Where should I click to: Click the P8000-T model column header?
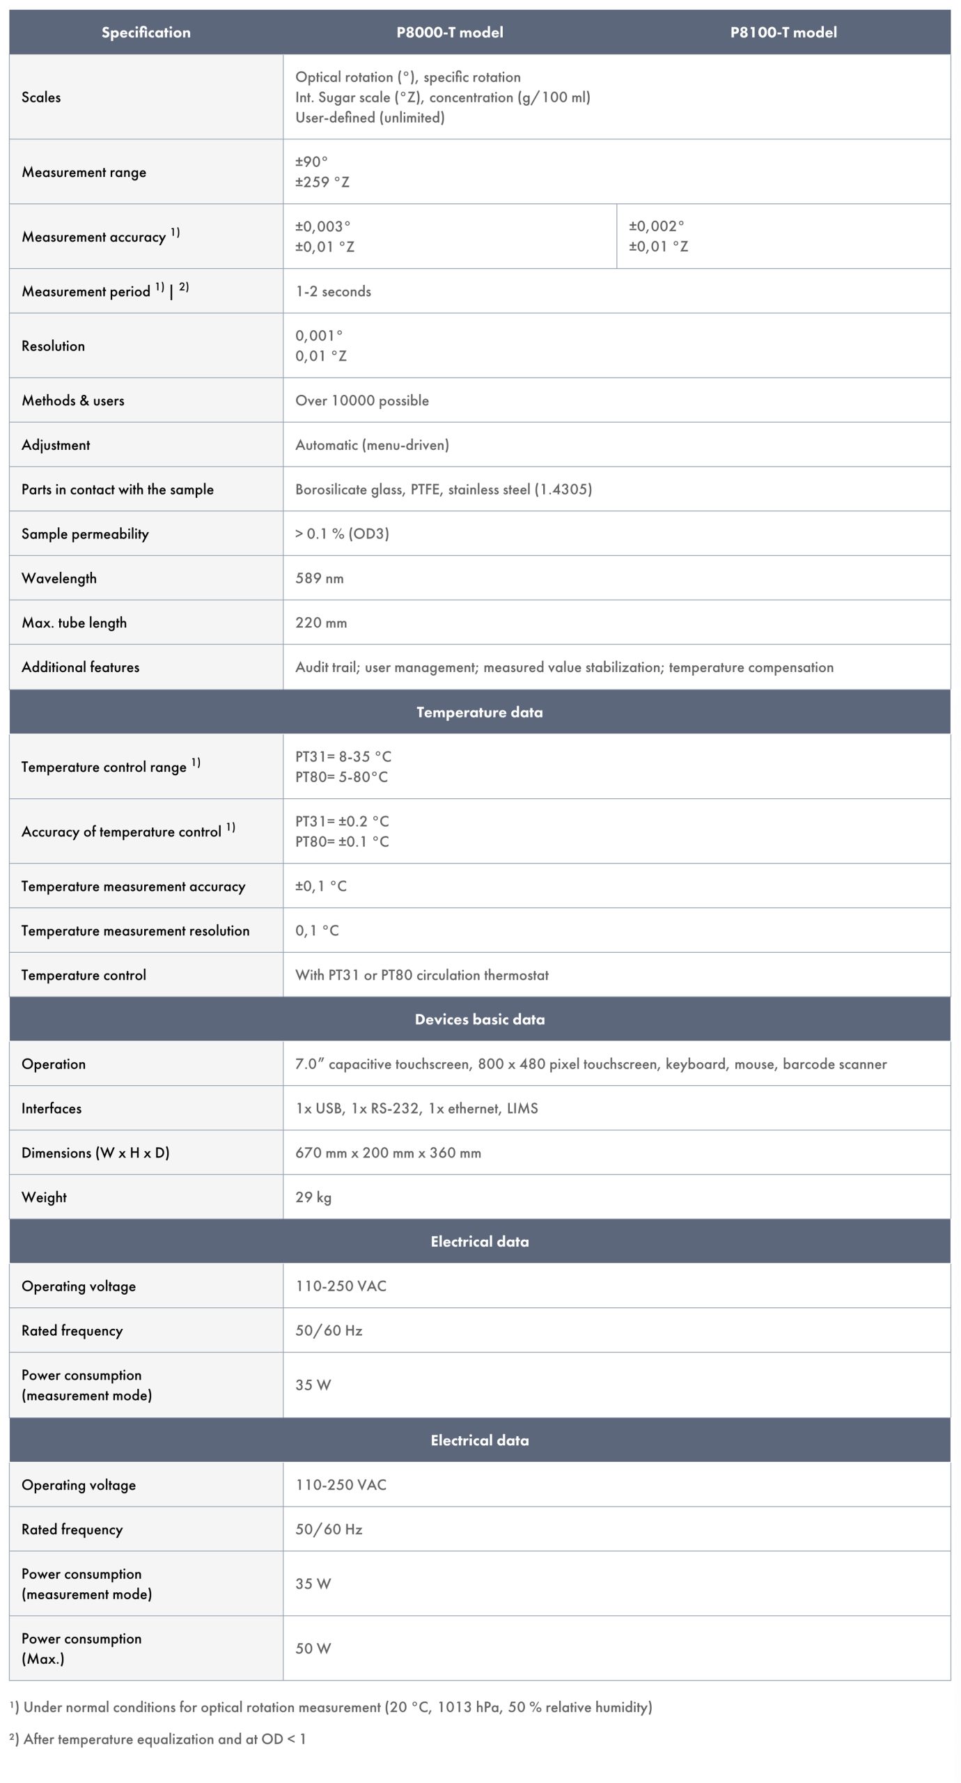pyautogui.click(x=449, y=32)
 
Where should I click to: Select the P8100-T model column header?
pyautogui.click(x=783, y=32)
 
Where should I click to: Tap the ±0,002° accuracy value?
pyautogui.click(x=656, y=226)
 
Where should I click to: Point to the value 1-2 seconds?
pyautogui.click(x=333, y=291)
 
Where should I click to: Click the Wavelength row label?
pyautogui.click(x=59, y=578)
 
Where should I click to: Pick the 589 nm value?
pyautogui.click(x=319, y=578)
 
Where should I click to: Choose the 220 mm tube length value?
pyautogui.click(x=321, y=623)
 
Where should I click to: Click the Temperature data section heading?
pyautogui.click(x=479, y=712)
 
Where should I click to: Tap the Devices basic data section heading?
pyautogui.click(x=479, y=1019)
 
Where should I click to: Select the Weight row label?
pyautogui.click(x=44, y=1197)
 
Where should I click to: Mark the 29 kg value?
pyautogui.click(x=313, y=1197)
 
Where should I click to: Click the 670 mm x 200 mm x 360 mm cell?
pyautogui.click(x=388, y=1153)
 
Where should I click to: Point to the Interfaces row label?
pyautogui.click(x=52, y=1108)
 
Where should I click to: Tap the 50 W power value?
pyautogui.click(x=313, y=1648)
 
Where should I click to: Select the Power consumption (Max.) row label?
pyautogui.click(x=81, y=1648)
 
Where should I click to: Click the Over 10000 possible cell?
pyautogui.click(x=362, y=400)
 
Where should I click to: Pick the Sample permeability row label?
pyautogui.click(x=85, y=534)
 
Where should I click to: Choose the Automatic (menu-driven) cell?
pyautogui.click(x=372, y=445)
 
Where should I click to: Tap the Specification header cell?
pyautogui.click(x=146, y=32)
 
